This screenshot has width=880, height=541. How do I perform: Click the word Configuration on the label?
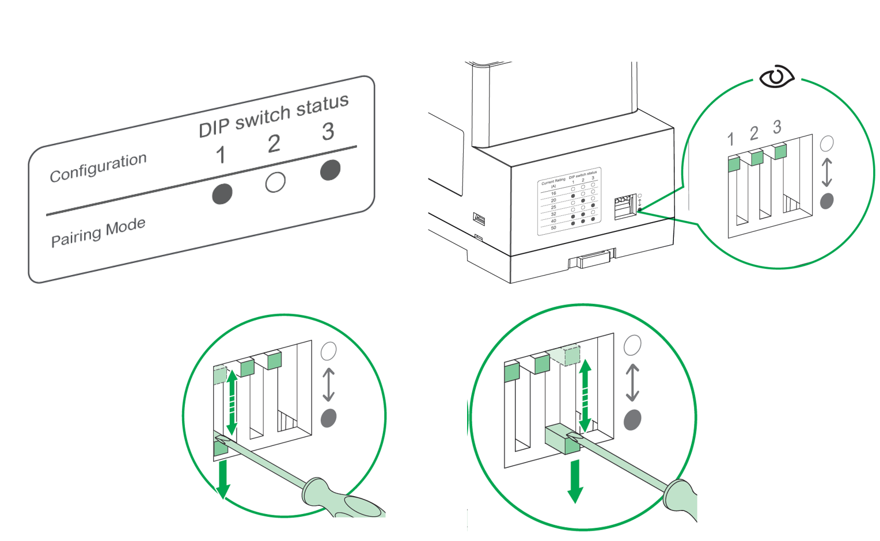[x=98, y=167]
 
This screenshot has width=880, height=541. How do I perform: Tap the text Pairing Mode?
[x=98, y=232]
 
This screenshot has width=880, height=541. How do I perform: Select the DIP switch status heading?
[x=274, y=115]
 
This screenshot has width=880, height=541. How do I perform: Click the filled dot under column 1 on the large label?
[x=222, y=194]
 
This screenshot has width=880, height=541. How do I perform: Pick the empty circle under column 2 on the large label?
[x=275, y=182]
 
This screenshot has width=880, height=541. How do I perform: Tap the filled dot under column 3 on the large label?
[x=330, y=170]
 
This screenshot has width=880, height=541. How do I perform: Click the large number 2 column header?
[x=274, y=144]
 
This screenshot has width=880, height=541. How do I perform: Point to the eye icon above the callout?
[x=776, y=77]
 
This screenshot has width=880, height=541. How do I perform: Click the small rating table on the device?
[x=570, y=201]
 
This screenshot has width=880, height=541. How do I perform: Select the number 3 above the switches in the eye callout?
[x=777, y=127]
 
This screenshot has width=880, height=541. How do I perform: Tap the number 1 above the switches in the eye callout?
[x=730, y=139]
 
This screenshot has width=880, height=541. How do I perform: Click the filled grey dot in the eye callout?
[x=826, y=201]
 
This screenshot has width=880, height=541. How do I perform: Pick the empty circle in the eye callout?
[x=826, y=143]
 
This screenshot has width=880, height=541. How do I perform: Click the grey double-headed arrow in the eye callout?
[x=826, y=172]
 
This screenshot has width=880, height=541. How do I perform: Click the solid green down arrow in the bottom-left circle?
[x=223, y=478]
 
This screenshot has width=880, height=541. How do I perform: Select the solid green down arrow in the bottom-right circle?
[x=575, y=481]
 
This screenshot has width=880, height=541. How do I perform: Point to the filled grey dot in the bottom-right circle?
[x=632, y=420]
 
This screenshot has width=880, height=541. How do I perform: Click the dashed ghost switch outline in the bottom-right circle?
[x=565, y=355]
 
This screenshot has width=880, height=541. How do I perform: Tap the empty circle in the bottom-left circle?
[x=328, y=351]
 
